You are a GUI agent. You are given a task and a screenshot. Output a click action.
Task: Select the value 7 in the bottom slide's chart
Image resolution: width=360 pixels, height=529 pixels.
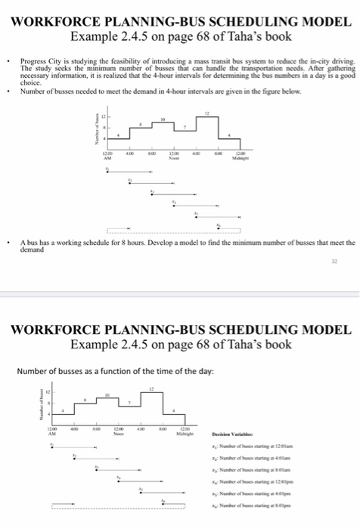coord(129,404)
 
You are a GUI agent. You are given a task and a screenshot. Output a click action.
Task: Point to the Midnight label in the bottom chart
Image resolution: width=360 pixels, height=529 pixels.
coord(185,433)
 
